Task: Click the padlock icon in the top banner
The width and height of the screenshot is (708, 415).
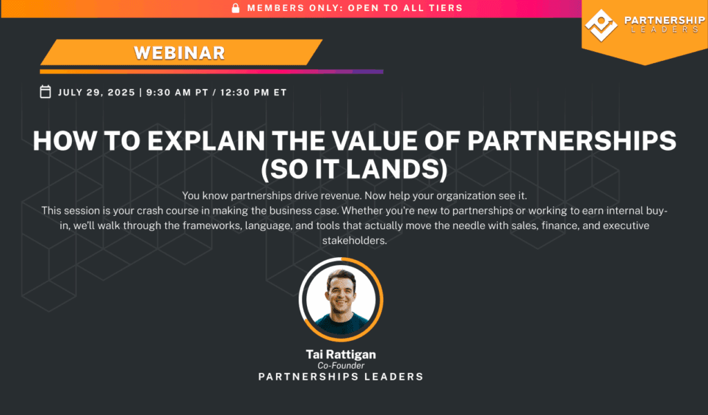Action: pos(235,8)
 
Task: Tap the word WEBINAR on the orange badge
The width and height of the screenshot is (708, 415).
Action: pos(179,53)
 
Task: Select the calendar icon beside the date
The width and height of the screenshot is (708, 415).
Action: pos(45,92)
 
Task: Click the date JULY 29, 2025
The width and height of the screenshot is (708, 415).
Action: pos(97,93)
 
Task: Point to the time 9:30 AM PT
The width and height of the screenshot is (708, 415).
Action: pos(177,93)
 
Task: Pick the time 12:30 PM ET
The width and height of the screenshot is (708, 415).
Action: pos(253,93)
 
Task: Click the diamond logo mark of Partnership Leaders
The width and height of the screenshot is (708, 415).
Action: pos(601,26)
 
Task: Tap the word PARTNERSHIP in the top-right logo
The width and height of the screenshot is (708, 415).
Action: pos(664,20)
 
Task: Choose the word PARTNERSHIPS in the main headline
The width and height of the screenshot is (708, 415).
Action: pos(572,140)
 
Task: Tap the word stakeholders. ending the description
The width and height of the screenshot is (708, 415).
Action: pos(355,240)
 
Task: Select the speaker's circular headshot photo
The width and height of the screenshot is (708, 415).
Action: pos(341,300)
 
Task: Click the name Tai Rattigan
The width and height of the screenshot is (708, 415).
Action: pos(341,355)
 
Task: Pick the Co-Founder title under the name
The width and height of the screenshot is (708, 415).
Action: pos(341,365)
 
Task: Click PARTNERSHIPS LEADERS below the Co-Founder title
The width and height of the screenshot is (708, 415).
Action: pos(341,377)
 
